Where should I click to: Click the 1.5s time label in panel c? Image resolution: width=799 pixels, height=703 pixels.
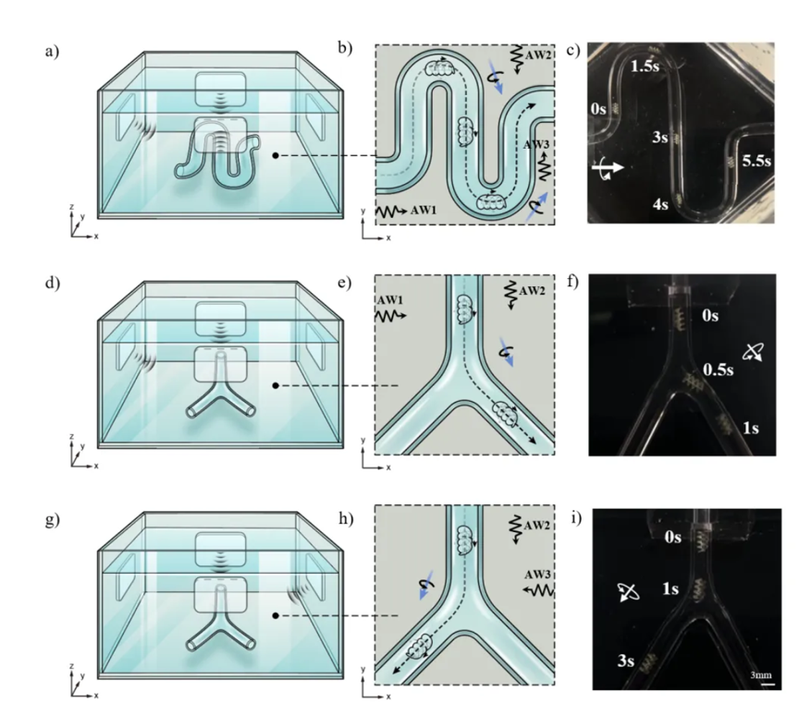(645, 66)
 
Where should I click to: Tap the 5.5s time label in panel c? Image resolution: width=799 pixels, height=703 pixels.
(756, 161)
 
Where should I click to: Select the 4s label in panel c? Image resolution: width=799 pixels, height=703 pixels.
(660, 204)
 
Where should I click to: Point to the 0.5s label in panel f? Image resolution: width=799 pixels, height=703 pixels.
(719, 370)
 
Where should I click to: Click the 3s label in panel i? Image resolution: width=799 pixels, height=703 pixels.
(626, 661)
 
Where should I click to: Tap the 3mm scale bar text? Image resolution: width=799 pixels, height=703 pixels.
(761, 675)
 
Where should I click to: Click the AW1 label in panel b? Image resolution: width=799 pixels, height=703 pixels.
(424, 210)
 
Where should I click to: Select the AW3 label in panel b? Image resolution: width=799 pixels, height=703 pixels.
(536, 144)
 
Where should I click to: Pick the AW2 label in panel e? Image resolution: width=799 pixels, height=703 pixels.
(532, 291)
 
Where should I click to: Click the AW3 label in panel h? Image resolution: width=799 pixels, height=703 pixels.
(538, 575)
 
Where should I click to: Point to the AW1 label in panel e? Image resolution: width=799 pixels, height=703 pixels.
(390, 300)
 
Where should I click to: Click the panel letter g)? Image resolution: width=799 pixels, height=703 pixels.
(53, 520)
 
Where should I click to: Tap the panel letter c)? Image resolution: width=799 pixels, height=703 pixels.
(573, 50)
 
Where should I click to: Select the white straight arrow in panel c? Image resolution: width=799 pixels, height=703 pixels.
(608, 167)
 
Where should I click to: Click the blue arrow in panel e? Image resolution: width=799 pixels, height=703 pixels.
(507, 351)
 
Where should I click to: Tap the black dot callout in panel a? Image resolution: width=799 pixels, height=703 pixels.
(276, 155)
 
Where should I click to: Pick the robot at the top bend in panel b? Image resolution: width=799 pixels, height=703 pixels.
(440, 67)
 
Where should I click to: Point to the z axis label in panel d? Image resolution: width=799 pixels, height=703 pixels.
(72, 436)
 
